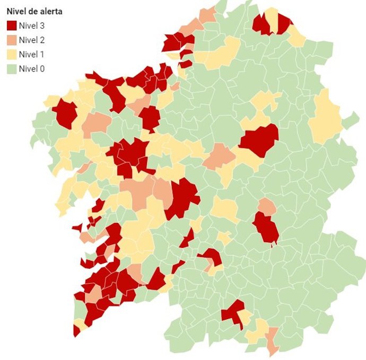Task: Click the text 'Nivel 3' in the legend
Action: [32, 25]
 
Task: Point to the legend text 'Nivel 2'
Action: [32, 39]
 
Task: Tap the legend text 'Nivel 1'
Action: [32, 54]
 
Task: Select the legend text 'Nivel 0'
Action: [32, 68]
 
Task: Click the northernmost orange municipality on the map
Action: [208, 15]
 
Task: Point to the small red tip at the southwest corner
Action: [76, 331]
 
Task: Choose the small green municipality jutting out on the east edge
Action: [350, 120]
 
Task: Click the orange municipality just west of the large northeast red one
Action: [219, 157]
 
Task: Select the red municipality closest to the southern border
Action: [232, 313]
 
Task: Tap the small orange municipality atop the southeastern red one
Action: [267, 207]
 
